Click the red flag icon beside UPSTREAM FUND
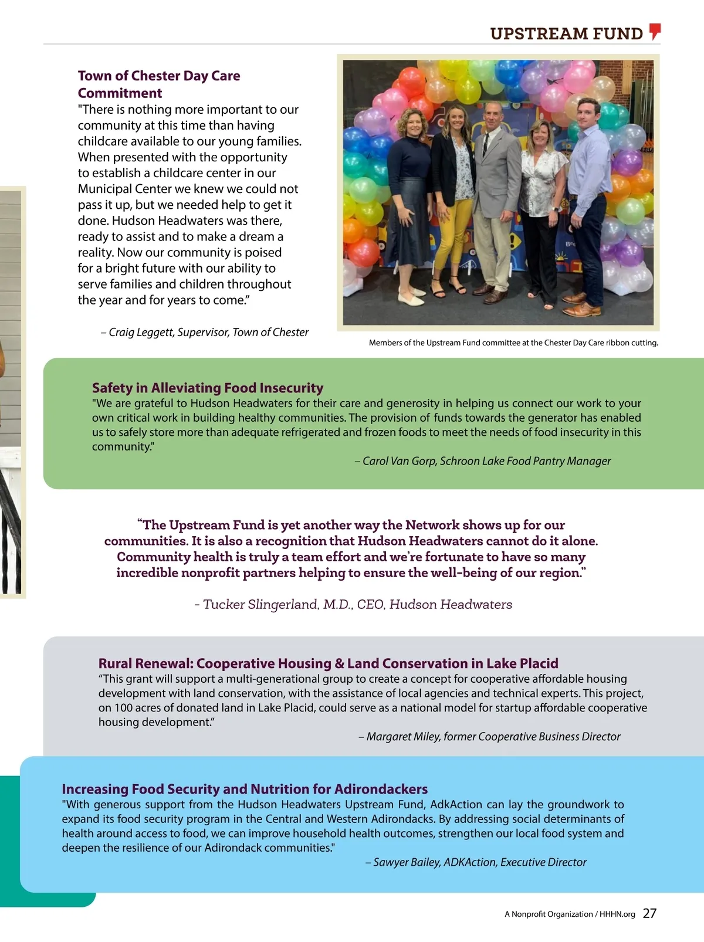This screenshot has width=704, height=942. (x=655, y=31)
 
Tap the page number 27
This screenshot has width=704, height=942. (x=649, y=913)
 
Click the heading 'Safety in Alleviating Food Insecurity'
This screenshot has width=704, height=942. (x=207, y=388)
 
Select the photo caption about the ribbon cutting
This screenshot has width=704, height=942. (x=513, y=343)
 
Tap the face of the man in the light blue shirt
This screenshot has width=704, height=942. (x=588, y=114)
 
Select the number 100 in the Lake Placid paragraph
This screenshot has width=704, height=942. (x=124, y=708)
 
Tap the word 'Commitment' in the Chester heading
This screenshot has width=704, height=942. (x=120, y=93)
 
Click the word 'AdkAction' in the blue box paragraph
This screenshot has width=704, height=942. (x=456, y=804)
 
